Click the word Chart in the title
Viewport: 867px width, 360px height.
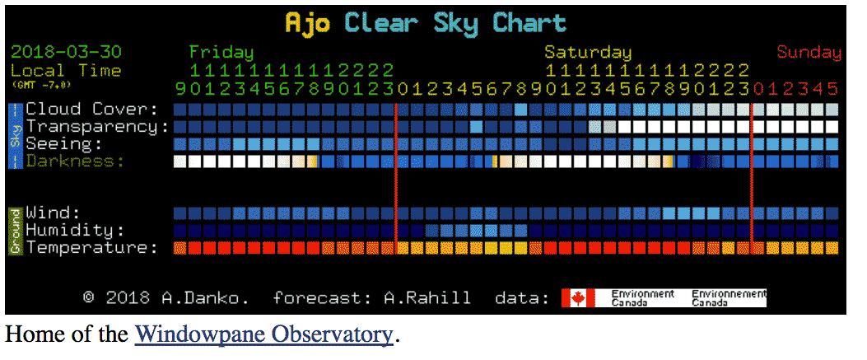[530, 23]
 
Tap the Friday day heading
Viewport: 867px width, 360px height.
[221, 52]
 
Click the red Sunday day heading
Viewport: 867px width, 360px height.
[809, 52]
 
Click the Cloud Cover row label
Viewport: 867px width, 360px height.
[91, 109]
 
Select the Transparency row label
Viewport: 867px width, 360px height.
[96, 126]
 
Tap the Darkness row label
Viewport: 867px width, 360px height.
[70, 161]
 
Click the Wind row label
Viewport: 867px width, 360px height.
[53, 213]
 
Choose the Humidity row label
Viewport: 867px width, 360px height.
[75, 230]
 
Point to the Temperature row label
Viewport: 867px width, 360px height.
[91, 247]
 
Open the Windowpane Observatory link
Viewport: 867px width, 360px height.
[263, 334]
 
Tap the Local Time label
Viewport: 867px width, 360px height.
[65, 70]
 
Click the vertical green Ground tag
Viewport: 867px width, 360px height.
[15, 230]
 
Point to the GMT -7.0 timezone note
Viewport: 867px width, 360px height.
[41, 84]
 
